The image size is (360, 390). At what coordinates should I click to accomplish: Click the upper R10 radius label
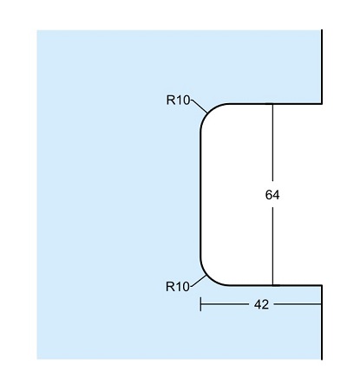[178, 101]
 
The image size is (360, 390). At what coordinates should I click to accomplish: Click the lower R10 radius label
[178, 287]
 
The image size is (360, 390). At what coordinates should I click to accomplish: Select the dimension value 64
[272, 195]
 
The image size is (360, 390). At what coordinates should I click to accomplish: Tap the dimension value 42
[261, 304]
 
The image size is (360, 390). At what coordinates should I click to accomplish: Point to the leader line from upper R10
[199, 106]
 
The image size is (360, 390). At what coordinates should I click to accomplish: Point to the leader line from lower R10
[198, 281]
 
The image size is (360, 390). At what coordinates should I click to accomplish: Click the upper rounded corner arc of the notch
[209, 112]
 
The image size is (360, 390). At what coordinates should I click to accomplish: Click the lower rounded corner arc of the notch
[209, 277]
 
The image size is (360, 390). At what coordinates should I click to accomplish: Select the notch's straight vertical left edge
[200, 194]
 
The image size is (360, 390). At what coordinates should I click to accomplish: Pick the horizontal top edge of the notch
[275, 103]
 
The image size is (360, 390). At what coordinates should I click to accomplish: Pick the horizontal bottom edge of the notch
[275, 285]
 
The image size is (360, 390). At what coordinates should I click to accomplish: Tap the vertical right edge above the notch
[322, 67]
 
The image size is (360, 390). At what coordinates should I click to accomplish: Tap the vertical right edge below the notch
[322, 322]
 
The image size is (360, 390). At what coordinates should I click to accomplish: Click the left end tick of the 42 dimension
[200, 304]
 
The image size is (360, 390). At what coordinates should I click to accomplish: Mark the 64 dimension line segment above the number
[272, 142]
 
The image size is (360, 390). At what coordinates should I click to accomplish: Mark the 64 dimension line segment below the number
[272, 246]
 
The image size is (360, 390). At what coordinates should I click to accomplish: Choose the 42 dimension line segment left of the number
[225, 304]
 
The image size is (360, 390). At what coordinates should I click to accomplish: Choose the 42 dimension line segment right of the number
[298, 304]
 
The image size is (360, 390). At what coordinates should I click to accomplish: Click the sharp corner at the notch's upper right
[322, 103]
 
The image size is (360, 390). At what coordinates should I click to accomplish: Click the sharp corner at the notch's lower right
[322, 285]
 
